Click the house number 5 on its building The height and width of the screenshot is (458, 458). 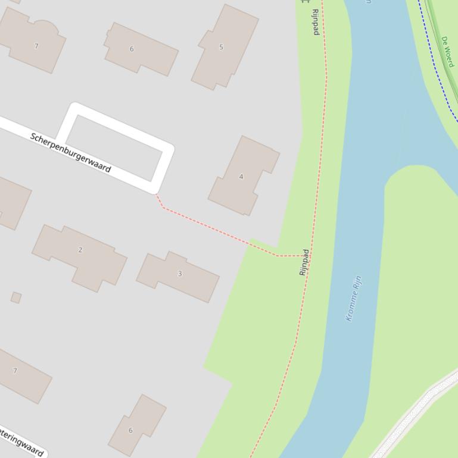221,47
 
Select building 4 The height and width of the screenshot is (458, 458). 241,176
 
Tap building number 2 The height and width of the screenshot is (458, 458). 80,250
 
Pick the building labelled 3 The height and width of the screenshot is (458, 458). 180,274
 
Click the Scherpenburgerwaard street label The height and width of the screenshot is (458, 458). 70,153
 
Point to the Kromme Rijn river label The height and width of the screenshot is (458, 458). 354,298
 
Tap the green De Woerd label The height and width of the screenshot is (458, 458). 448,51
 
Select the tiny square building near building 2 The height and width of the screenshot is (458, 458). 16,297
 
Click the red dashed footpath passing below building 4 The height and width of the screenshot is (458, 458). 220,231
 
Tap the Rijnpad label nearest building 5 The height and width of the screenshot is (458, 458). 316,22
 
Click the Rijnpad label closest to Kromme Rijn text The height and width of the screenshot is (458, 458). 304,262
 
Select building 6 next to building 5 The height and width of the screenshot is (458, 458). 141,49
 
